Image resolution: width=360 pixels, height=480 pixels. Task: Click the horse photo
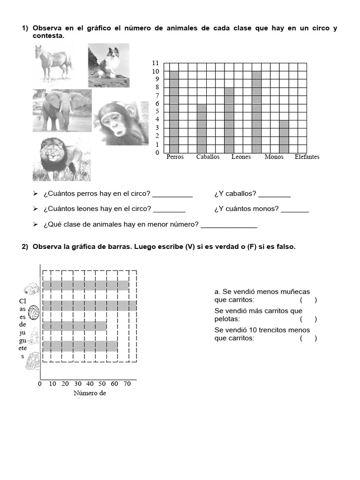click(x=53, y=63)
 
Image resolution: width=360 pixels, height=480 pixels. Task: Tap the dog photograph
click(x=108, y=65)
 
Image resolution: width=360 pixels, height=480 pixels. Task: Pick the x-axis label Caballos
click(x=208, y=157)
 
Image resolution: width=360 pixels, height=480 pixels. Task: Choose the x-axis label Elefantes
click(x=307, y=157)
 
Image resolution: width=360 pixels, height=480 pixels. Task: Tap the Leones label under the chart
click(x=241, y=157)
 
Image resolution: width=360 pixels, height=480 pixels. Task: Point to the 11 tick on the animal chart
click(x=156, y=63)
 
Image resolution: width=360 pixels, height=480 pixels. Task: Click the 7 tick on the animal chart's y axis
click(x=157, y=96)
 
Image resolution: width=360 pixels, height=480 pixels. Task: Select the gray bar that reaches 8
click(x=229, y=117)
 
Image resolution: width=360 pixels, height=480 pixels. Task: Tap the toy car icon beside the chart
click(x=31, y=288)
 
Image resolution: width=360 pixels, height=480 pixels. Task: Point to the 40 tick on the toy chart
click(x=90, y=384)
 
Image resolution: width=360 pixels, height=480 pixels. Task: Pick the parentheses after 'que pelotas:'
click(x=308, y=319)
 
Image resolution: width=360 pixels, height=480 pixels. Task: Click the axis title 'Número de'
click(x=90, y=393)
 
